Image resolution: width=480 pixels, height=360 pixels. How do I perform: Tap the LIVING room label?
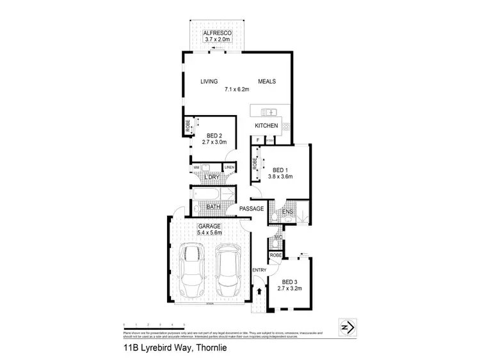(x=209, y=82)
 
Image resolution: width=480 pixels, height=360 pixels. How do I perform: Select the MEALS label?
(x=266, y=82)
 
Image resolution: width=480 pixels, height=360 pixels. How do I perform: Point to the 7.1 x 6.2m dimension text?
(x=237, y=90)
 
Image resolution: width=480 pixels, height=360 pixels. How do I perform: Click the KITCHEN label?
(x=266, y=126)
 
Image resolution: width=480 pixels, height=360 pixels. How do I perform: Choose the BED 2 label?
(x=214, y=136)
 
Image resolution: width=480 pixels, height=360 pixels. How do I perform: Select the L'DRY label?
(x=212, y=177)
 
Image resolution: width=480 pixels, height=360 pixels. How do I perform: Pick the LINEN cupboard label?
(x=229, y=168)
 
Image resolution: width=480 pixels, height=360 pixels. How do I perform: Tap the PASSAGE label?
(x=252, y=208)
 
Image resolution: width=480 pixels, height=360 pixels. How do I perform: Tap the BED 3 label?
(x=290, y=282)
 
